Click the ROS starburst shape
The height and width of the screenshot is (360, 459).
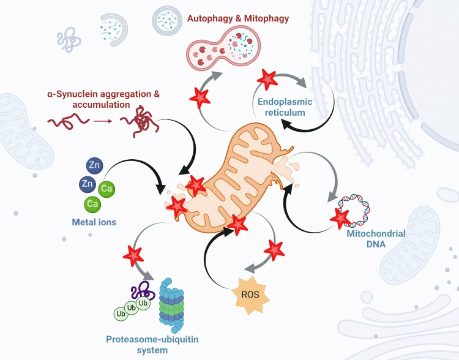point(250,294)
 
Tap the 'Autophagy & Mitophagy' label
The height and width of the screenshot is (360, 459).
point(238,18)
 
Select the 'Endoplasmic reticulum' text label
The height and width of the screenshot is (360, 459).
point(285,107)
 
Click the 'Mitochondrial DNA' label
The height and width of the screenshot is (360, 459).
point(376,239)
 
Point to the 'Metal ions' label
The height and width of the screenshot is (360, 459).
point(94,222)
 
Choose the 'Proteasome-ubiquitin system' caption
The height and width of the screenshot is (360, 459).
point(152,345)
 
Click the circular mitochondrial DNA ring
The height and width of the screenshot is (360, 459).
point(354,211)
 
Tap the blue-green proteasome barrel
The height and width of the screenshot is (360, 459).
point(171,306)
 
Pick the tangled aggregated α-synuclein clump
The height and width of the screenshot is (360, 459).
point(141,121)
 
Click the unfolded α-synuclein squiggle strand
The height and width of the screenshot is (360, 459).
point(68,121)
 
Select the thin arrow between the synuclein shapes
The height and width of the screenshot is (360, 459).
point(103,121)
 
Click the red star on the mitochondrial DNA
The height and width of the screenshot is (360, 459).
point(340,218)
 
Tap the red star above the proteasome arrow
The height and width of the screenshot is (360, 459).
point(133,256)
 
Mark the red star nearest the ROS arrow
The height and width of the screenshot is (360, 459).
point(274,250)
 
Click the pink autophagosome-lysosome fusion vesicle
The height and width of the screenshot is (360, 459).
point(223,48)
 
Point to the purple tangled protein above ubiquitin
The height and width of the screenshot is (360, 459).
point(143,290)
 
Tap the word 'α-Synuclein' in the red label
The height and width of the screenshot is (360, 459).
point(73,94)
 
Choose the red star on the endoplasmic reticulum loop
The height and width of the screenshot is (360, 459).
point(267,79)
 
